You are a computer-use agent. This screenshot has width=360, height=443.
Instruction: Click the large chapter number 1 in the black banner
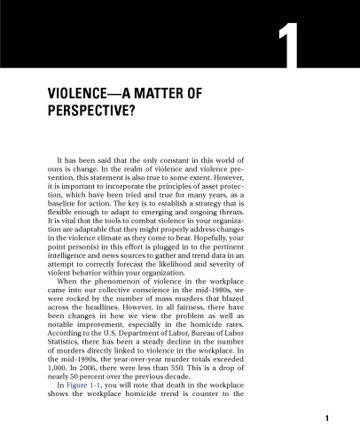coord(286,54)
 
